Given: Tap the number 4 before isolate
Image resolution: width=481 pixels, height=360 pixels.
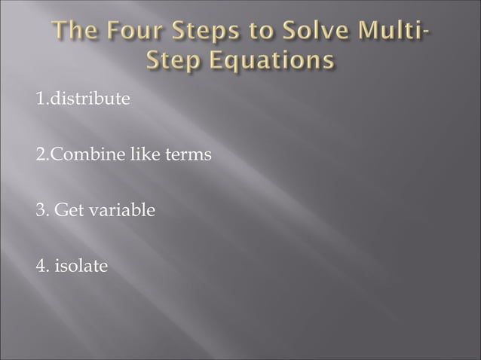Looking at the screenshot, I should [38, 266].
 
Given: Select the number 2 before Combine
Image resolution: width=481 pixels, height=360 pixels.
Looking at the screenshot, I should [38, 156].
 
